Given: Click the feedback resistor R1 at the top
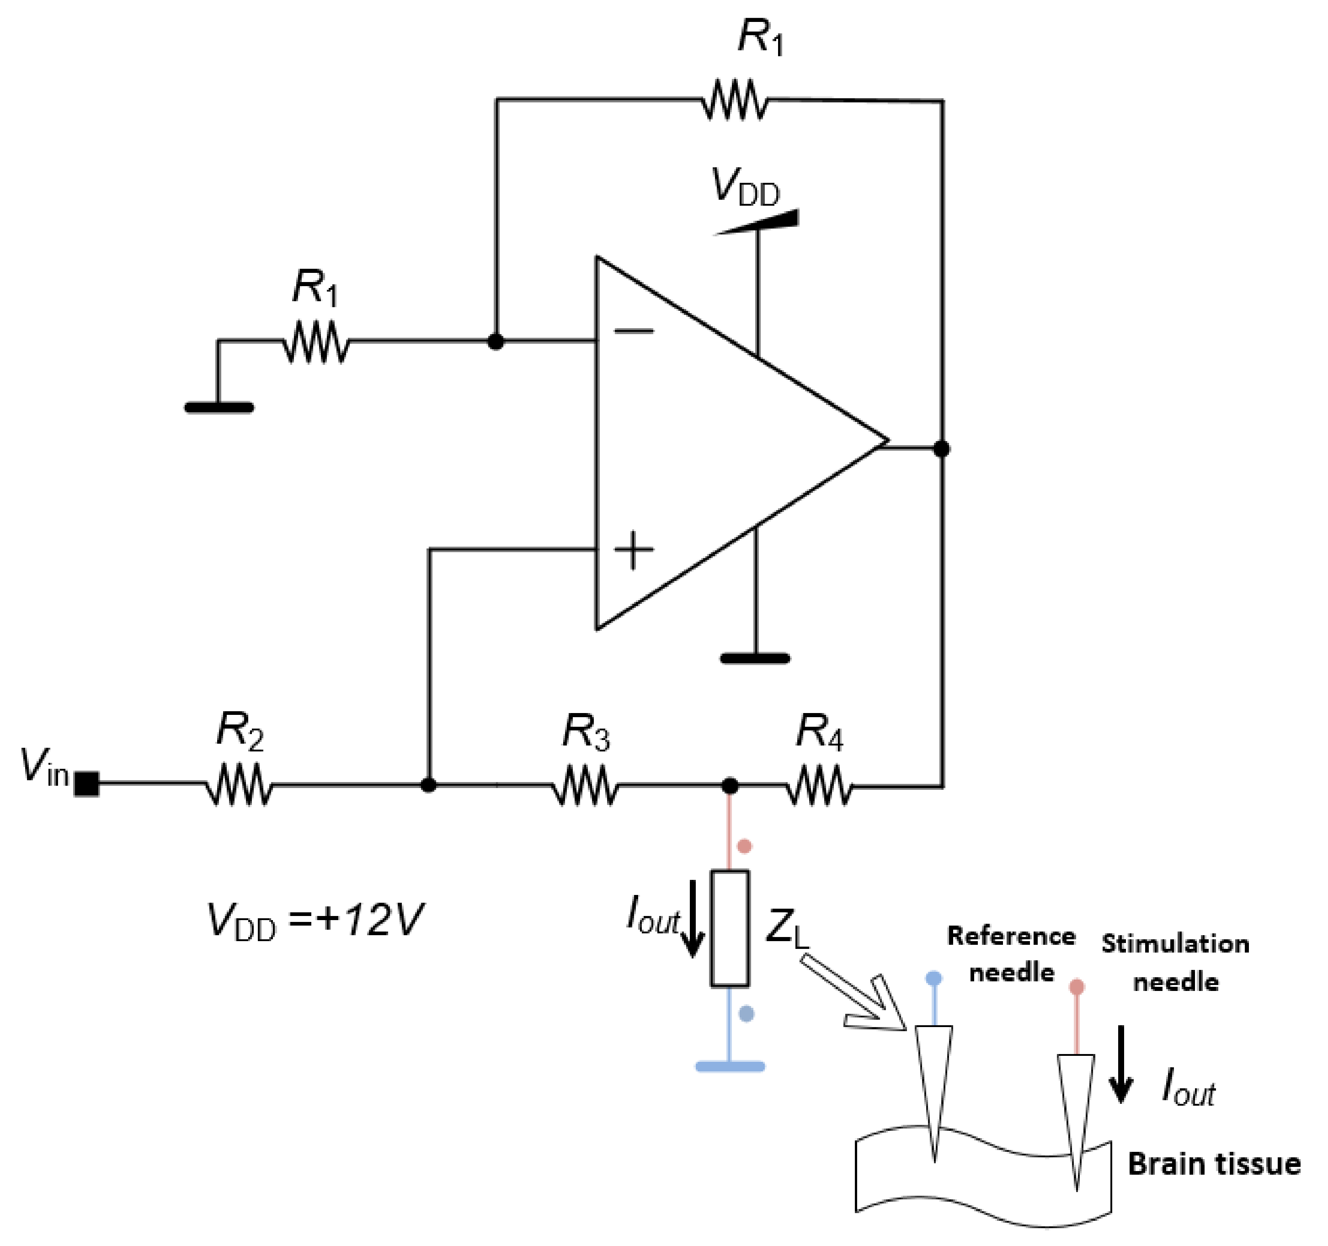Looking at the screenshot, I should [735, 100].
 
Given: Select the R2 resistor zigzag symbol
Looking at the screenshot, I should [239, 785].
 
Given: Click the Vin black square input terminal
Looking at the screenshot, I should [87, 784].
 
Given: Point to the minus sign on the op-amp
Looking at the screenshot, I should [633, 330].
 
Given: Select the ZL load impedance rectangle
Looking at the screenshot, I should [730, 928].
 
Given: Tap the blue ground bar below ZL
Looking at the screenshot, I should [730, 1066].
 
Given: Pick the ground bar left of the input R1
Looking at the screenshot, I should [219, 407].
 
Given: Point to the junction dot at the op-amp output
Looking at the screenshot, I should [941, 449].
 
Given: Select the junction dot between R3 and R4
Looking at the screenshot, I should [730, 786].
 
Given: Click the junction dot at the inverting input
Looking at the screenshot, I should [496, 342].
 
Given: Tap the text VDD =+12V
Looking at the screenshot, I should [314, 921].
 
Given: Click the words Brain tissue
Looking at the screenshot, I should [1214, 1164].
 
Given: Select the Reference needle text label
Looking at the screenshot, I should [1011, 954].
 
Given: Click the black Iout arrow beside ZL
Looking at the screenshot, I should [693, 919].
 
